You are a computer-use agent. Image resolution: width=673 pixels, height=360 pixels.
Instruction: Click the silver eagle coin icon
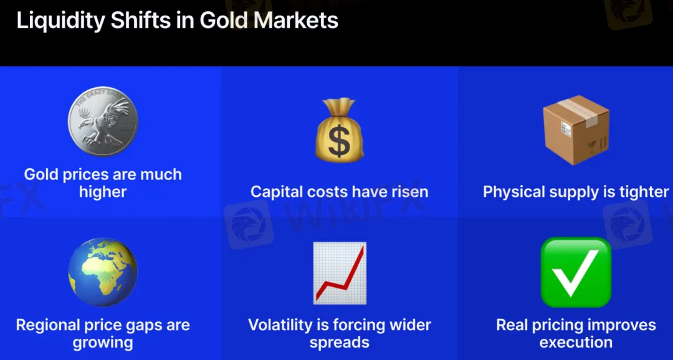pyautogui.click(x=103, y=121)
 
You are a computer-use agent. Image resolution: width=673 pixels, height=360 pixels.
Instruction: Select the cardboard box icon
pyautogui.click(x=576, y=130)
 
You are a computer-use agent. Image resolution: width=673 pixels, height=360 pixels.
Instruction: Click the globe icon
pyautogui.click(x=103, y=272)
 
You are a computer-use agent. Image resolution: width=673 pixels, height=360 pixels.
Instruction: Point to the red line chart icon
pyautogui.click(x=340, y=273)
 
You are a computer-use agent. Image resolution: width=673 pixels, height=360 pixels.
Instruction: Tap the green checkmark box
pyautogui.click(x=576, y=272)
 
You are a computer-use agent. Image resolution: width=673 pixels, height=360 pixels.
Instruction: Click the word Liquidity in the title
pyautogui.click(x=60, y=21)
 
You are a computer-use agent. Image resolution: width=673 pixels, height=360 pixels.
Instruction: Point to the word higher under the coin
pyautogui.click(x=103, y=192)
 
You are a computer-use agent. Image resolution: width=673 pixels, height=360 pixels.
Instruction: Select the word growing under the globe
pyautogui.click(x=103, y=343)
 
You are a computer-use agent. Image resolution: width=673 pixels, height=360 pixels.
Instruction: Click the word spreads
pyautogui.click(x=340, y=343)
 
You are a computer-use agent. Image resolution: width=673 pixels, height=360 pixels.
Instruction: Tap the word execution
pyautogui.click(x=576, y=342)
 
